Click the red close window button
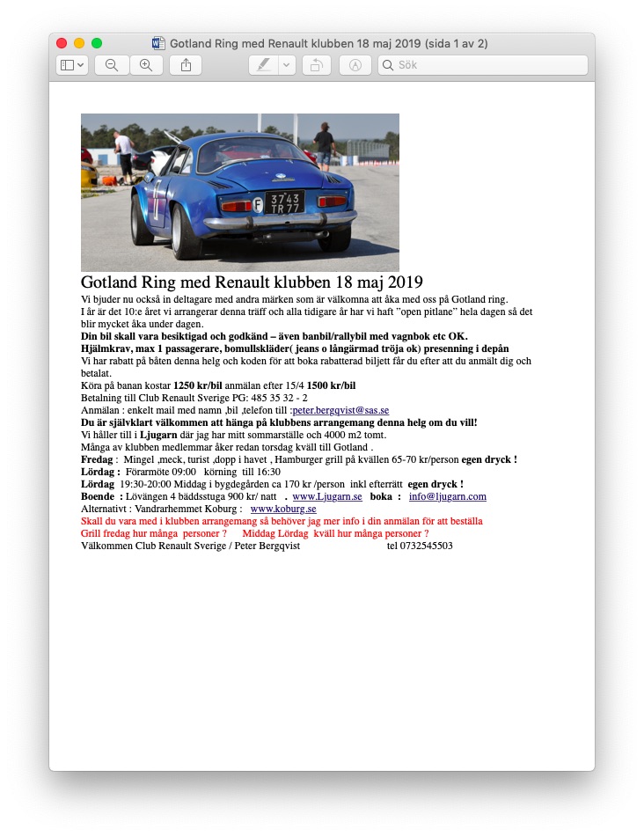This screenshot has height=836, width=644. click(62, 43)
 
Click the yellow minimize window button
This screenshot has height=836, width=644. click(79, 43)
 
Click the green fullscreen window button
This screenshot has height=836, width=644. click(97, 43)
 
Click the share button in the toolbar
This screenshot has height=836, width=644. click(186, 65)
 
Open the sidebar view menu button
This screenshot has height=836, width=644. click(71, 65)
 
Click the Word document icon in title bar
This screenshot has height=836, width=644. click(159, 43)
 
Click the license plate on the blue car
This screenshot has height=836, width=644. click(285, 202)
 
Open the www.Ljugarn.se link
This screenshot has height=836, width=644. click(327, 496)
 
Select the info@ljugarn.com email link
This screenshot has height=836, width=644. click(448, 496)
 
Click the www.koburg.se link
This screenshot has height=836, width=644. click(283, 509)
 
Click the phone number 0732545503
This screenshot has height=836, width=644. click(420, 546)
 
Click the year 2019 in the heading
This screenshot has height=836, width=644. click(405, 282)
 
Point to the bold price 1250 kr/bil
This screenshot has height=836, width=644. click(197, 385)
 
